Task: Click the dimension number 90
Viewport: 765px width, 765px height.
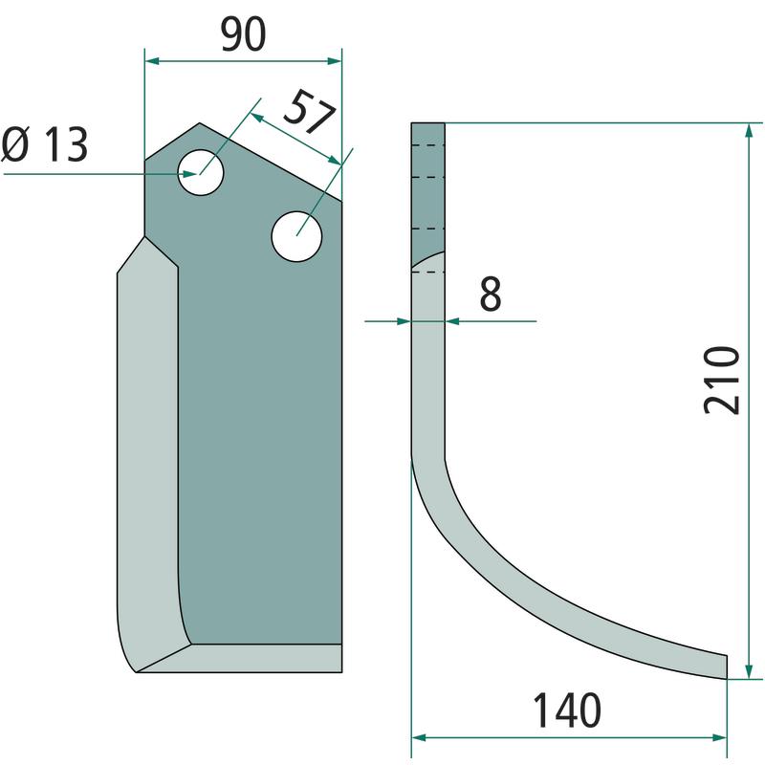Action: [x=244, y=33]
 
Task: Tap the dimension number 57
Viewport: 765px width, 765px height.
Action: [x=309, y=112]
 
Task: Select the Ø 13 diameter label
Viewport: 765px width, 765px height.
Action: [x=45, y=144]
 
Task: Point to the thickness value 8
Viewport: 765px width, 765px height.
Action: [x=491, y=294]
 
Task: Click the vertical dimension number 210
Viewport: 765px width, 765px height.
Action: [x=722, y=380]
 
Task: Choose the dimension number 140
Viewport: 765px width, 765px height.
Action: [x=567, y=710]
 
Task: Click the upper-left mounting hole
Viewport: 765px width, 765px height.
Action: [x=201, y=173]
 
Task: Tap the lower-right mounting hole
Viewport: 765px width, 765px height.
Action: [x=296, y=236]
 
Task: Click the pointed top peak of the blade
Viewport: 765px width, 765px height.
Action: [x=199, y=123]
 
